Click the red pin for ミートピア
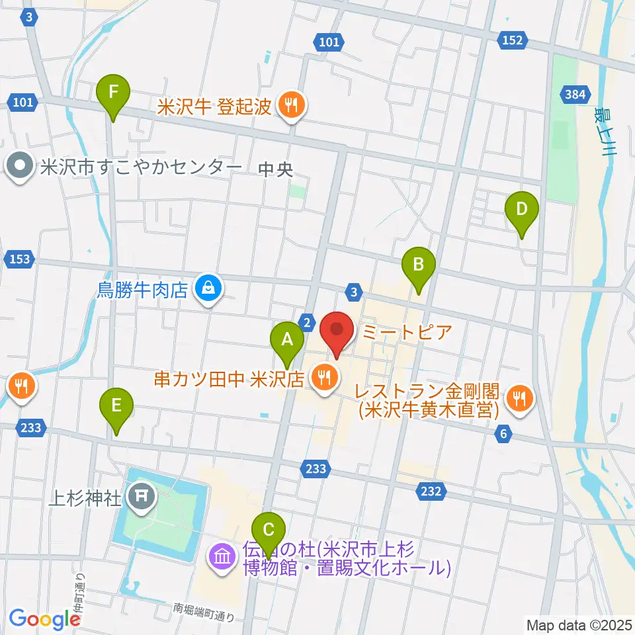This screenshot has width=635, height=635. [337, 331]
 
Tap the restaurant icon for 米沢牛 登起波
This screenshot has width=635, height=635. [290, 104]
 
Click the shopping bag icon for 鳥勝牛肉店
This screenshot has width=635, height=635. [208, 288]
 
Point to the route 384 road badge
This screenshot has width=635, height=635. [575, 95]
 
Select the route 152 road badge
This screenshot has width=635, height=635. [512, 40]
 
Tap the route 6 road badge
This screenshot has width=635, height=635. [504, 434]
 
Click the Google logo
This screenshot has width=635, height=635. [45, 618]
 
